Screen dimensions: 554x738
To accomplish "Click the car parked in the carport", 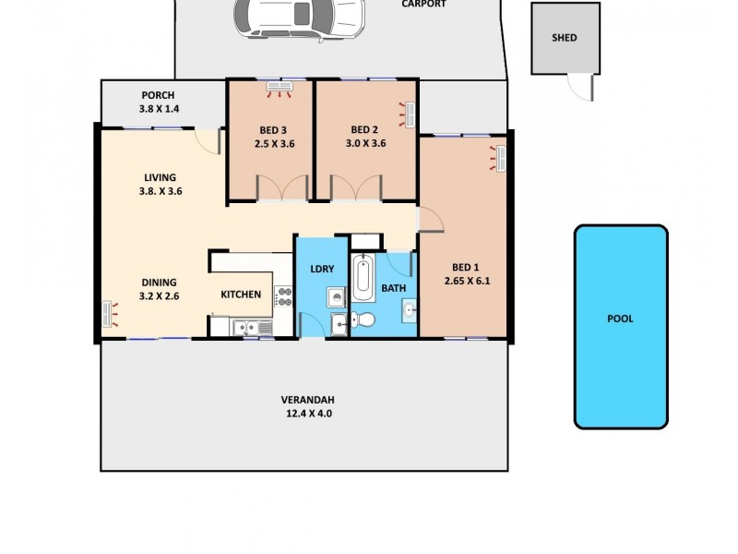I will (x=297, y=18).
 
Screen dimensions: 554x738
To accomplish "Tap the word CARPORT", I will (x=423, y=5).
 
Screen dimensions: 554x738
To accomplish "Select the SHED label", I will (x=564, y=38).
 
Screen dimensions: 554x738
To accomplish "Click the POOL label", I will (x=620, y=319).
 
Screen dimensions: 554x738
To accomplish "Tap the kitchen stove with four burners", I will (x=284, y=296).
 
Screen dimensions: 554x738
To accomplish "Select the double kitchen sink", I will (x=246, y=325).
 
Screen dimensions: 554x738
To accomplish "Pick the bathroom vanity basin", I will (x=408, y=309).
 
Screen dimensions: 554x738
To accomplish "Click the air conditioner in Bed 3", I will (x=279, y=89).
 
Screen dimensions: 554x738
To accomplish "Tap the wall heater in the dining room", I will (x=110, y=314).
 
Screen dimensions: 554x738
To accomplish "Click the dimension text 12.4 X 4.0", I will (x=307, y=414).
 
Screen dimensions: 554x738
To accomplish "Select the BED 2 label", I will (x=365, y=129).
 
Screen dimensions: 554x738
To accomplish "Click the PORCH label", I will (x=158, y=95).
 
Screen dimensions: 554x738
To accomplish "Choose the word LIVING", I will (x=160, y=177).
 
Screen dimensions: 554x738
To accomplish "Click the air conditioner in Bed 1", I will (x=499, y=155).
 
